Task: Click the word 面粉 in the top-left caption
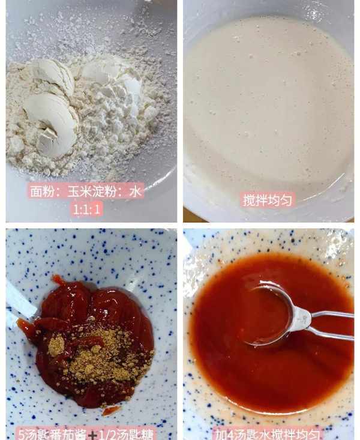point(39,192)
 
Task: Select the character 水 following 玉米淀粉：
point(135,192)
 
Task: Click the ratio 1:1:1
point(86,209)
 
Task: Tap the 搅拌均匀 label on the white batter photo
point(268,200)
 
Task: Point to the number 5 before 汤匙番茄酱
point(22,435)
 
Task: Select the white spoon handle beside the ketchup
point(19,302)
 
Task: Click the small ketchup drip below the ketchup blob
point(110,411)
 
